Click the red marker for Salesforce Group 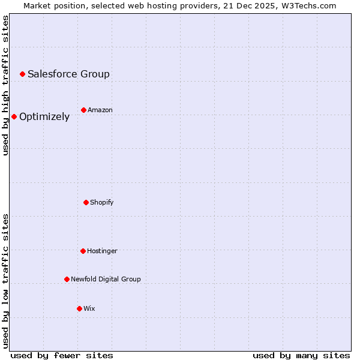pos(22,74)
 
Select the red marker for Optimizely pos(14,116)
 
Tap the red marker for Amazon pos(83,110)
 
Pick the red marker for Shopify pos(86,202)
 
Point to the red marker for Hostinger pos(83,251)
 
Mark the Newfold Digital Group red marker pos(67,279)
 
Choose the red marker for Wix pos(79,308)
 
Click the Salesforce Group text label pos(68,74)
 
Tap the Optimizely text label pos(44,116)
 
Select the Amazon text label pos(100,110)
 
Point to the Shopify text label pos(102,202)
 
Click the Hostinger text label pos(102,251)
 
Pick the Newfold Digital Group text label pos(106,279)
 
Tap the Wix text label pos(89,308)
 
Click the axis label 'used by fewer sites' pos(62,355)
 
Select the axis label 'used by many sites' pos(301,355)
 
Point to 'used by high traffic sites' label pos(6,85)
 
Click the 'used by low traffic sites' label pos(6,281)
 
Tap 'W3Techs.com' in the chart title pos(311,5)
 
